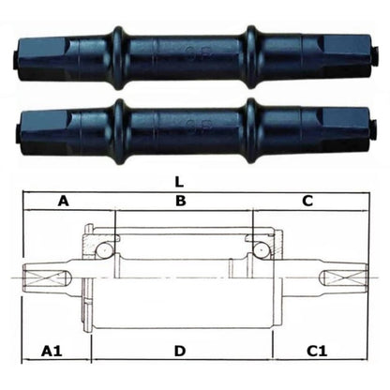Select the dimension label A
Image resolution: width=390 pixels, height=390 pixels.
coord(64,201)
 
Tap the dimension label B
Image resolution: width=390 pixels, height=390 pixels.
coord(181,201)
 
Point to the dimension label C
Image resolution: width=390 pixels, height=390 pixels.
coord(307,201)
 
